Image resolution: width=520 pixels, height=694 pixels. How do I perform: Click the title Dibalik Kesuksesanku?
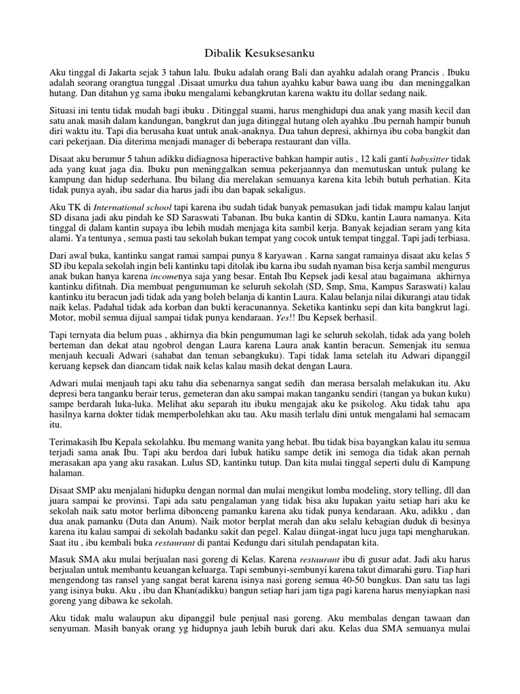260,52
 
